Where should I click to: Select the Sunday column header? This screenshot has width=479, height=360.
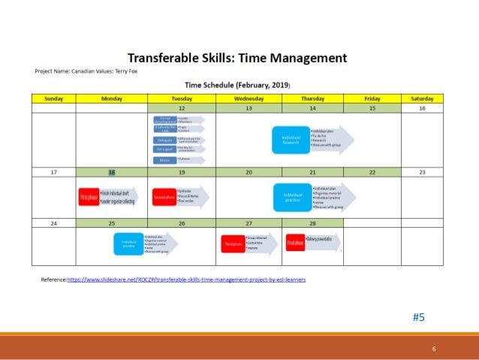pyautogui.click(x=53, y=98)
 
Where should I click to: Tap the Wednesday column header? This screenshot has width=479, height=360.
pyautogui.click(x=249, y=98)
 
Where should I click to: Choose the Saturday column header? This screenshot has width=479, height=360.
pyautogui.click(x=422, y=98)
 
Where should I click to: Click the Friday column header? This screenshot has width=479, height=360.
pyautogui.click(x=372, y=98)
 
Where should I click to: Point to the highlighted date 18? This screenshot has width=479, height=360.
pyautogui.click(x=112, y=172)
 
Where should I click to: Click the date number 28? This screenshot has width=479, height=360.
pyautogui.click(x=312, y=223)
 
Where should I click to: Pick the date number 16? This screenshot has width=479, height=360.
pyautogui.click(x=422, y=108)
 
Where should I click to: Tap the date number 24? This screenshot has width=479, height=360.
pyautogui.click(x=53, y=223)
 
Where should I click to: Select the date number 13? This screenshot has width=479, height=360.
pyautogui.click(x=249, y=108)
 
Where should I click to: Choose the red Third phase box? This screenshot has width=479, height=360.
pyautogui.click(x=232, y=244)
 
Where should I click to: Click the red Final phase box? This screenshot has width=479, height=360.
pyautogui.click(x=294, y=242)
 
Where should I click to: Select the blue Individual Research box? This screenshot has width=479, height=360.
pyautogui.click(x=291, y=140)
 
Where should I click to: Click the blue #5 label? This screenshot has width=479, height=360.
pyautogui.click(x=419, y=317)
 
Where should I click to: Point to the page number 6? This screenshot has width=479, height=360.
pyautogui.click(x=433, y=349)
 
